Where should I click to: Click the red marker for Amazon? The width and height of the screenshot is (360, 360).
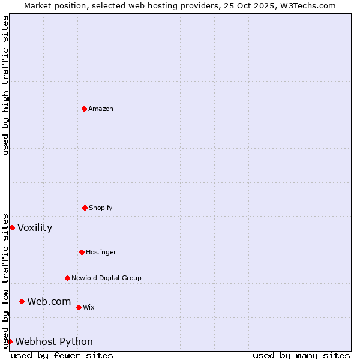coord(84,109)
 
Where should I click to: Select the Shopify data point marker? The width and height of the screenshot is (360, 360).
coord(85,208)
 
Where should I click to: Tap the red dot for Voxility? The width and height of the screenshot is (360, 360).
coord(12,227)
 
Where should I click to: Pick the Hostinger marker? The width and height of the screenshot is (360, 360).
coord(82,252)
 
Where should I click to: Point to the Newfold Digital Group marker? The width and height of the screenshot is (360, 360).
coord(67,278)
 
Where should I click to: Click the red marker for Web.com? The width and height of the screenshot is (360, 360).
coord(22,301)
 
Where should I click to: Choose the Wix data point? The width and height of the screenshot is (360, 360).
coord(79,307)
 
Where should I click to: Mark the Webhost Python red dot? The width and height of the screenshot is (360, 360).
coord(10,341)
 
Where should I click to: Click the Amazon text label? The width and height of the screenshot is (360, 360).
coord(101,109)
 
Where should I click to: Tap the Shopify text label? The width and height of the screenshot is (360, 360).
coord(101,208)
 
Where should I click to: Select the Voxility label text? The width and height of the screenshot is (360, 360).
coord(35,227)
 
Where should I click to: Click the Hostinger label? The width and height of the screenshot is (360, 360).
coord(101,252)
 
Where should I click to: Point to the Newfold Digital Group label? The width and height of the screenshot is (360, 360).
coord(106,278)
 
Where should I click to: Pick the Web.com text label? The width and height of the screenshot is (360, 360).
coord(49,301)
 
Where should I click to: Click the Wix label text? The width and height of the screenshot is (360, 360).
coord(89,307)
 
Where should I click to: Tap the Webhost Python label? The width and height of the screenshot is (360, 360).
coord(54,341)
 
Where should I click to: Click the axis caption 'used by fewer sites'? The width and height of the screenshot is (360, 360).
coord(62,355)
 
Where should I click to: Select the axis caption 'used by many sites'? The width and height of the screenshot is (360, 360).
coord(301,355)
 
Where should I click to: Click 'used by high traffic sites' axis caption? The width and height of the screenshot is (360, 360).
coord(5,85)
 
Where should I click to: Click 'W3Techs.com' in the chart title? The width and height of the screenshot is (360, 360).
coord(310,5)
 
